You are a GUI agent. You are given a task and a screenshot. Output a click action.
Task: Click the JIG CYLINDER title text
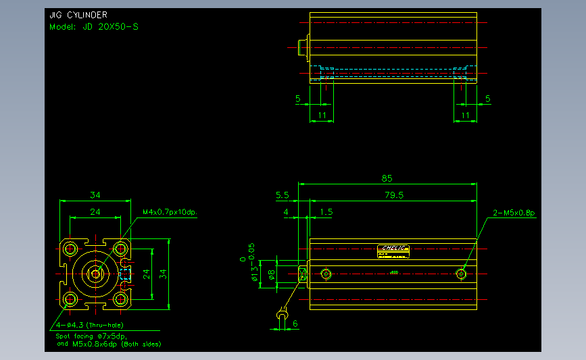click(78, 15)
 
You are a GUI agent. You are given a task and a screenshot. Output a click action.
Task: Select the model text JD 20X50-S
click(94, 27)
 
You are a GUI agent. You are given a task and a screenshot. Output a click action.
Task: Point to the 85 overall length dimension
click(387, 178)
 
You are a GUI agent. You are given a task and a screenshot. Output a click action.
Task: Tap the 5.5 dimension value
click(283, 195)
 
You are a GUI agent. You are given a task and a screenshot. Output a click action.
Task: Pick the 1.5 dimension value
click(326, 212)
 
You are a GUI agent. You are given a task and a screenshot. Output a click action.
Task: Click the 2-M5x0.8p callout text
click(514, 213)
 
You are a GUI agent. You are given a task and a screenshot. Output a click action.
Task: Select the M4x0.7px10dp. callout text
click(174, 212)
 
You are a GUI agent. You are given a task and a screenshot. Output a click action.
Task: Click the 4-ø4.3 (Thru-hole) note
click(82, 325)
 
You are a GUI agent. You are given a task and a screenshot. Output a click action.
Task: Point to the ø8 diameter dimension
click(271, 274)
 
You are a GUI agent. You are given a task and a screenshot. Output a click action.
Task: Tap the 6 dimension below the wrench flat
click(295, 324)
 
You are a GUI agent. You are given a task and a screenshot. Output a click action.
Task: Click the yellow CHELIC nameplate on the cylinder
click(393, 251)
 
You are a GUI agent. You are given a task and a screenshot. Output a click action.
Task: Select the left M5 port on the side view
click(326, 274)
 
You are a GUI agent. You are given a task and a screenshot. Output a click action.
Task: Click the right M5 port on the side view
click(462, 274)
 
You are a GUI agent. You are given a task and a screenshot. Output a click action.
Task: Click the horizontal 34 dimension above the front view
click(95, 195)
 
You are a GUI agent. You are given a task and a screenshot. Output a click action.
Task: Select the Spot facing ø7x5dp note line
click(91, 336)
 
